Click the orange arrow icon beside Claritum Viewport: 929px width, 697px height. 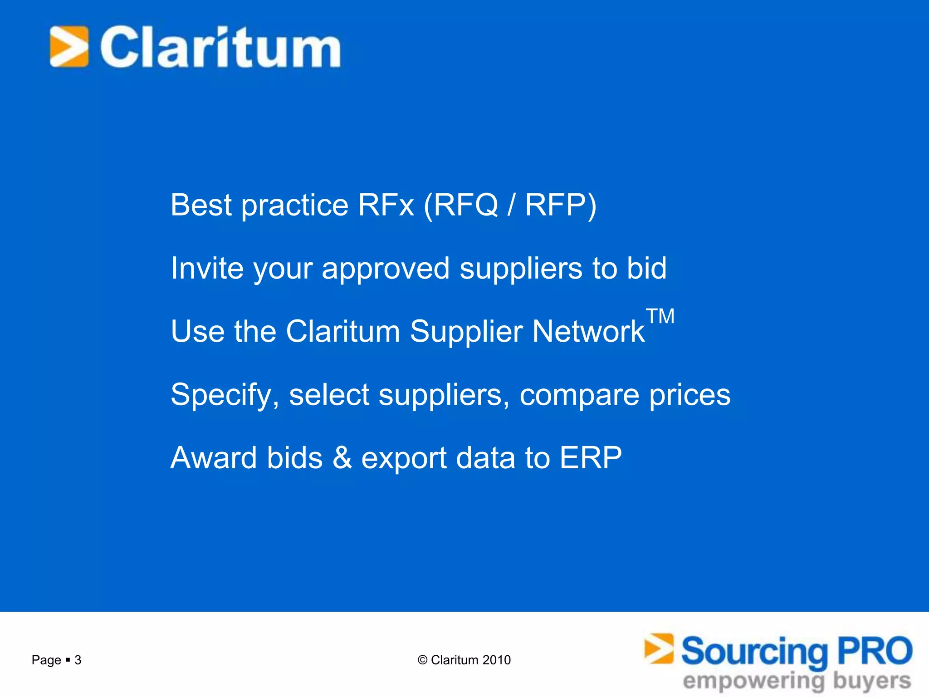(69, 47)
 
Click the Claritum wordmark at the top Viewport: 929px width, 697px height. (220, 48)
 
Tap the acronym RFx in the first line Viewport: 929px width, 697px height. (386, 205)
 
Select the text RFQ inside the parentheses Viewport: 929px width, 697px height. (466, 205)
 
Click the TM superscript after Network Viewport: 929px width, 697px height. (660, 316)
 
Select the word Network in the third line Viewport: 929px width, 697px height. (588, 331)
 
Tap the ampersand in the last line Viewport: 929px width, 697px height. (342, 457)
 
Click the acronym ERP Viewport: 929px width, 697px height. (591, 457)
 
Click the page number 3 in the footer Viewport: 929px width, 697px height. (78, 660)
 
